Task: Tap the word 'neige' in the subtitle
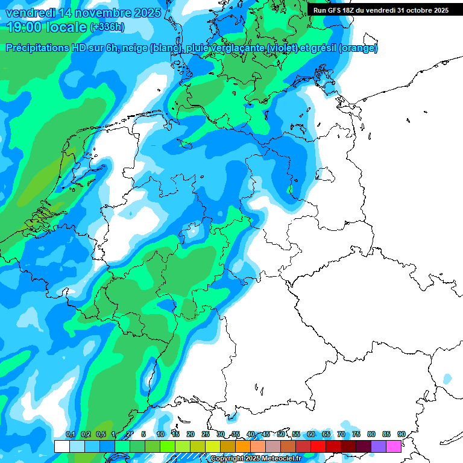[134, 48]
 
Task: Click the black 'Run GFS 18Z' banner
[385, 10]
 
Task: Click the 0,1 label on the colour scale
[70, 435]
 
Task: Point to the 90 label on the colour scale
[401, 435]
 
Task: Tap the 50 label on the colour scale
[281, 435]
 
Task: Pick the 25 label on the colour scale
[206, 435]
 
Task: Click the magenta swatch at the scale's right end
[394, 446]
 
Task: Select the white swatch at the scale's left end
[61, 446]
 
